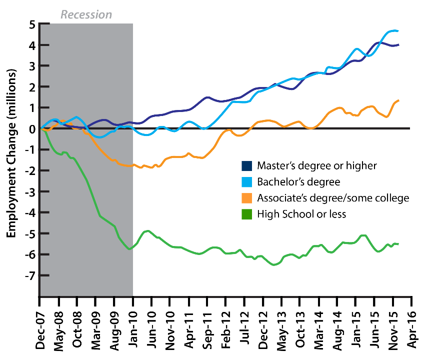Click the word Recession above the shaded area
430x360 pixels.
86,14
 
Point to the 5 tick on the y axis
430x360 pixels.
31,24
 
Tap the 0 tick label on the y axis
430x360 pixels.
31,129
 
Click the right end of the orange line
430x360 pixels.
398,100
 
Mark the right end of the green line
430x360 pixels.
398,243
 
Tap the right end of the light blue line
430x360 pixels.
398,31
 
